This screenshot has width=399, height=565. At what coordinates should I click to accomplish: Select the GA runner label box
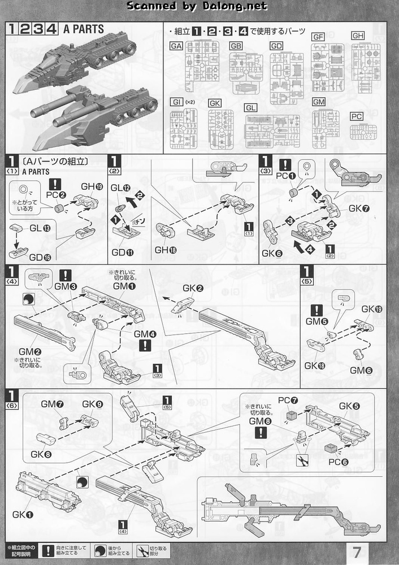(176, 46)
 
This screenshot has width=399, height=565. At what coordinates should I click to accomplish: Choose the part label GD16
(39, 257)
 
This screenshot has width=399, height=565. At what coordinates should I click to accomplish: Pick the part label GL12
(120, 188)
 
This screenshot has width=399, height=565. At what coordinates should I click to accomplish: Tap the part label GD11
(122, 252)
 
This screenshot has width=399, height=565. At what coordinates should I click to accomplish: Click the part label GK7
(358, 208)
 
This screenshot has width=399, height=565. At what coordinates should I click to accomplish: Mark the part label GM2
(29, 351)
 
